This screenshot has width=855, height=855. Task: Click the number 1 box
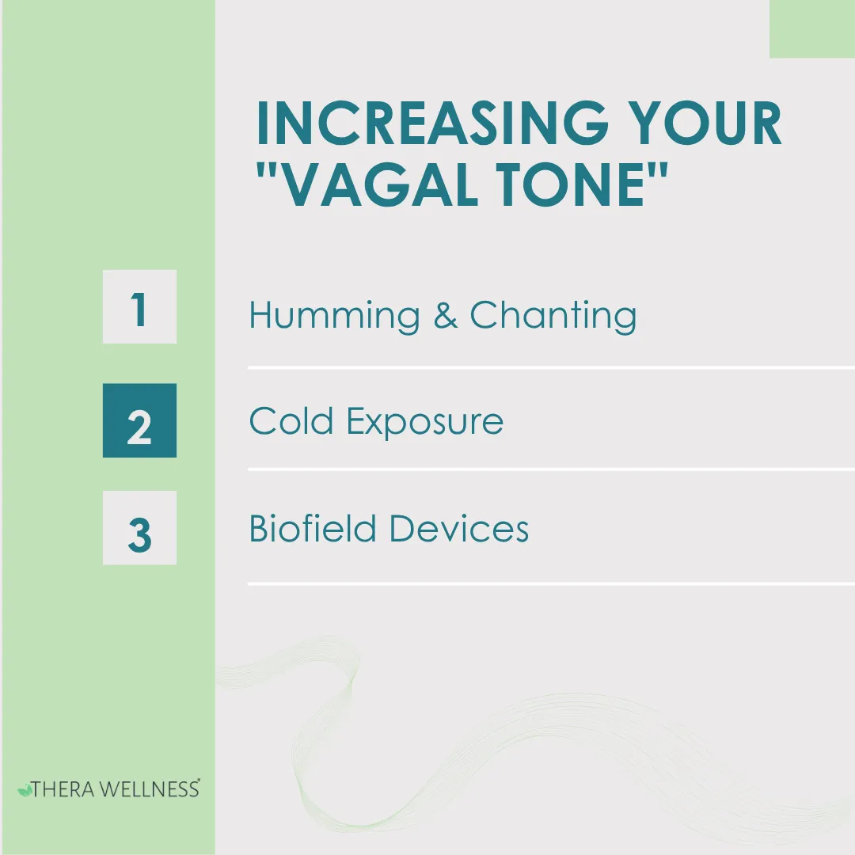[139, 307]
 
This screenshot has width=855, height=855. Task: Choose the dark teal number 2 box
[139, 421]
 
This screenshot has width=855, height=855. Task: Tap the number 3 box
[139, 528]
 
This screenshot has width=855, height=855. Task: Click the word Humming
[334, 317]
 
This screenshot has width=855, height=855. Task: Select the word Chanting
[553, 315]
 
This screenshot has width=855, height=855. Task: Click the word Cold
[291, 421]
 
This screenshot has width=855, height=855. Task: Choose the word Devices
[459, 528]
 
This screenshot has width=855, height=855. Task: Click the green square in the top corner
[811, 28]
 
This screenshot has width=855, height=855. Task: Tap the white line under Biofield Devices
[551, 584]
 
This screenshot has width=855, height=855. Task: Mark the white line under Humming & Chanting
[551, 368]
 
